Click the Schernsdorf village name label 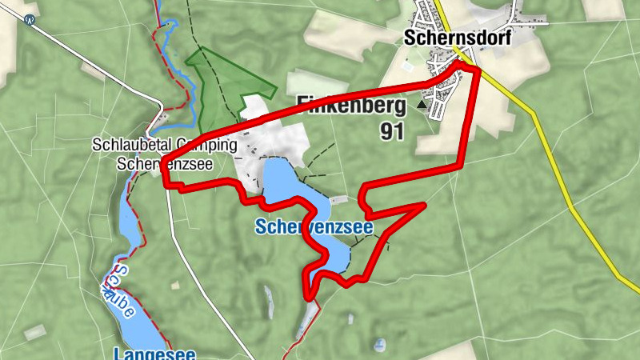tap(457, 38)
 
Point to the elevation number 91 tap(393, 131)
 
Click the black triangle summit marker tap(422, 104)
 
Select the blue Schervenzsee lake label tap(314, 227)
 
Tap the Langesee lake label tap(154, 353)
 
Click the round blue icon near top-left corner tap(30, 21)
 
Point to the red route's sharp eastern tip tap(422, 206)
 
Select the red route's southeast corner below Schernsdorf tap(462, 166)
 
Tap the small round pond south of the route tap(378, 345)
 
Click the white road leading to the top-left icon tap(96, 64)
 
